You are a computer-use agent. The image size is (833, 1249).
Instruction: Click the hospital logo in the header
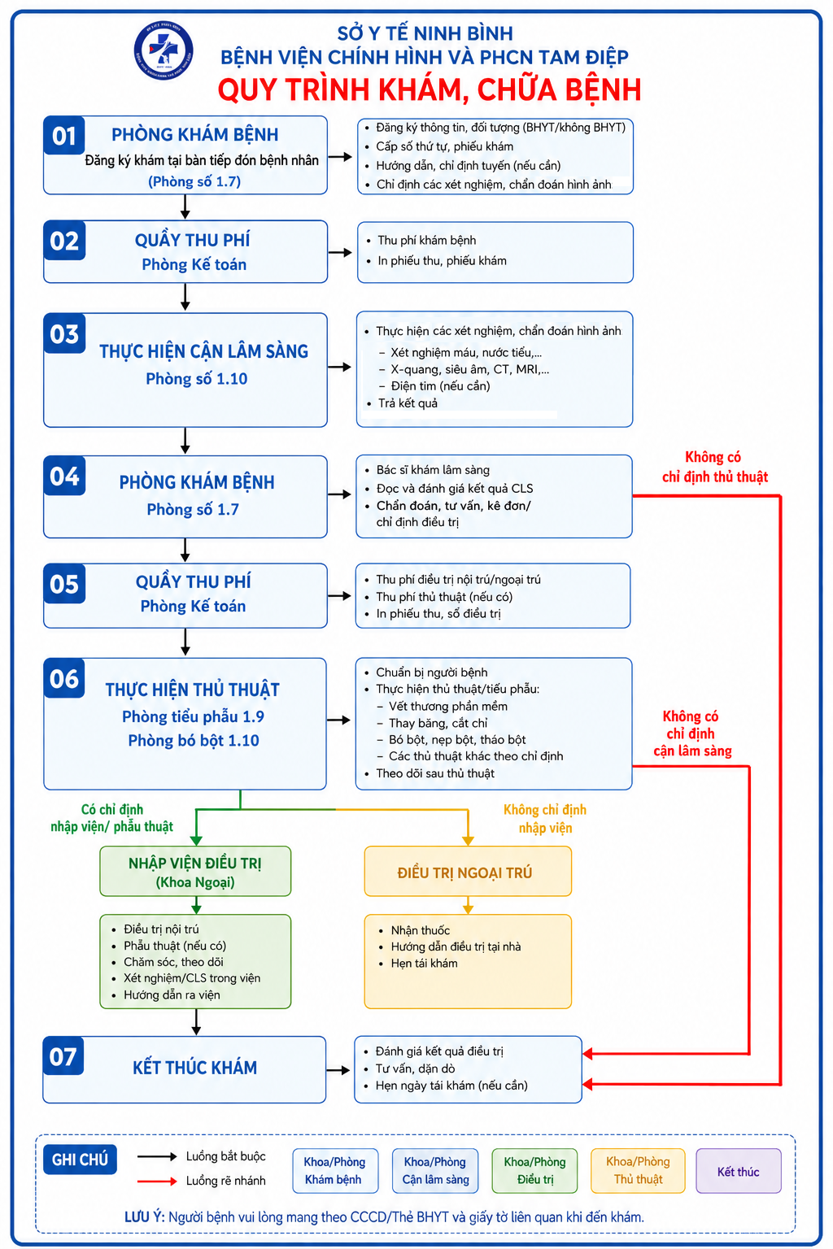coord(164,50)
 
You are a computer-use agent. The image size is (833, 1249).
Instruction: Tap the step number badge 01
coord(64,135)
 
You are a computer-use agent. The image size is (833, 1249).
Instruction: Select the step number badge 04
coord(65,476)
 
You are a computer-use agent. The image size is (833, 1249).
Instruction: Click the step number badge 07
coord(63,1056)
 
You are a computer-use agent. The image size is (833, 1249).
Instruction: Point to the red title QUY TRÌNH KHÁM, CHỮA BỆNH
coord(430,89)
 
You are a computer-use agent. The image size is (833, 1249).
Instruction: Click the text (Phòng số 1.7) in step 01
coord(194,182)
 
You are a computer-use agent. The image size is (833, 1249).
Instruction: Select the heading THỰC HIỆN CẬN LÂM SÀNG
coord(203,351)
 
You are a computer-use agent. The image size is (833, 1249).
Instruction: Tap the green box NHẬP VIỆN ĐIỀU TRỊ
coord(195,872)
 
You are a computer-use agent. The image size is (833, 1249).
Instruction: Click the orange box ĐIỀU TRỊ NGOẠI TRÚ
coord(468,872)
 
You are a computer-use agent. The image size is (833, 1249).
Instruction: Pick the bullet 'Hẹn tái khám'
coord(424,963)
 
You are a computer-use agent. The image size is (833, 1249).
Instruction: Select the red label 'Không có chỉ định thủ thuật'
coord(715,468)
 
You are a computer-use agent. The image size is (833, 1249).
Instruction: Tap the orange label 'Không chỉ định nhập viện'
coord(545,819)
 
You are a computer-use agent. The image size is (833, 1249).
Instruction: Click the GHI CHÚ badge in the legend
coord(80,1160)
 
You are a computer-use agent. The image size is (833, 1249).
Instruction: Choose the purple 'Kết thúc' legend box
coord(738,1171)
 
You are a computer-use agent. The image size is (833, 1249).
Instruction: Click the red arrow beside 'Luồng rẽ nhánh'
coord(157,1181)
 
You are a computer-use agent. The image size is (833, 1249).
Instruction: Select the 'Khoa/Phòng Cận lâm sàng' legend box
coord(435,1171)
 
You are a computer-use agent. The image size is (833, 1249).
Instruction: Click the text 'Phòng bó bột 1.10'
coord(194,741)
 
